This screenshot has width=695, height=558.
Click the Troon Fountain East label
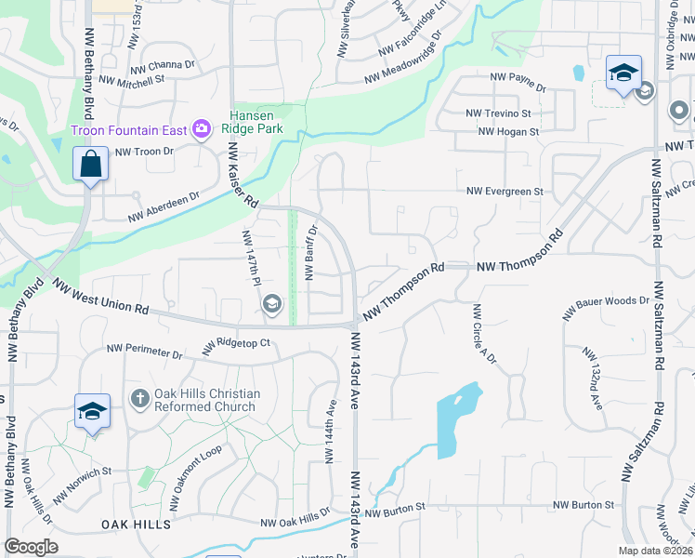129,129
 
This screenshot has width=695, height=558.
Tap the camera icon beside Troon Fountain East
201,129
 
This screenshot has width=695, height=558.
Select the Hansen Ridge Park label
256,123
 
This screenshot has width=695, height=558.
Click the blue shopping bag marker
91,166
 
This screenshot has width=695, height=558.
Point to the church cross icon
139,399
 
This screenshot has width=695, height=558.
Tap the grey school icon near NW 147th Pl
271,302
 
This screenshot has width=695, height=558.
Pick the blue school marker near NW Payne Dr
623,73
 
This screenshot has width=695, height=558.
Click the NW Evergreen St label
505,192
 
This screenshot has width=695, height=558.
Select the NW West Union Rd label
100,296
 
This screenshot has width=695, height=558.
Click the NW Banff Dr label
312,251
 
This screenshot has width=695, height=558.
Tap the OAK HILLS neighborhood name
137,525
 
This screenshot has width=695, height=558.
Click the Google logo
32,546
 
